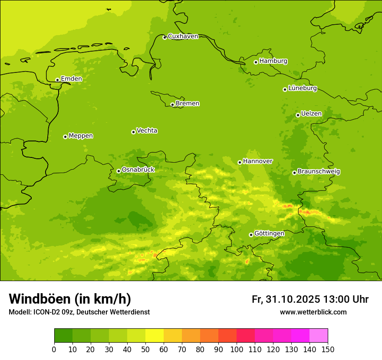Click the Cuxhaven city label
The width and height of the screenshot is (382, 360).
point(183,36)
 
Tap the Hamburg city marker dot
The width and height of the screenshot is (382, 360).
point(256,62)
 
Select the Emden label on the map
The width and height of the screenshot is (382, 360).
point(71,79)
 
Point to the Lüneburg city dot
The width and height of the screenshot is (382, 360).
point(285,89)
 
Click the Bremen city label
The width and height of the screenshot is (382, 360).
point(188,104)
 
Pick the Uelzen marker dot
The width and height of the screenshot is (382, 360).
point(298,115)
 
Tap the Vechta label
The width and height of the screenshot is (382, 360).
point(147,131)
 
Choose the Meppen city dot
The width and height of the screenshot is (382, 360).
point(65,137)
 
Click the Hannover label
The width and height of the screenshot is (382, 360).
point(257,161)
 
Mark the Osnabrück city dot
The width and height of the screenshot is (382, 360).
point(119,171)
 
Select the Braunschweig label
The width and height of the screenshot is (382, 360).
point(319,172)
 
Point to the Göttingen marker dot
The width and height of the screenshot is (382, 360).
point(251,235)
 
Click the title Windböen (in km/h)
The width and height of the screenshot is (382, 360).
point(70,299)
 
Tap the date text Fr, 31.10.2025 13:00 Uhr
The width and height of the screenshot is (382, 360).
point(310,299)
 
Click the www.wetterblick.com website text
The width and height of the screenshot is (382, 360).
point(313,312)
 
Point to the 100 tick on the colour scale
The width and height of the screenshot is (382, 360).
point(237,349)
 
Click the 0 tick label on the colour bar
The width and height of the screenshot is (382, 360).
point(54,349)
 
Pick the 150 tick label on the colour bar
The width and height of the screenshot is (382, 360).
point(328,349)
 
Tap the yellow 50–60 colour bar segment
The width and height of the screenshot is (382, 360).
point(155,336)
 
